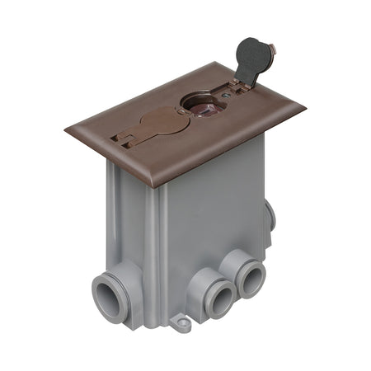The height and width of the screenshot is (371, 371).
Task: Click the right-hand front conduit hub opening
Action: pos(249,279)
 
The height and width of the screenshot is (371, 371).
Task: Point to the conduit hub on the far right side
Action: pos(270,217)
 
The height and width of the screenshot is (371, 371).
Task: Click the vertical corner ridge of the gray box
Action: pos(162,247)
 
